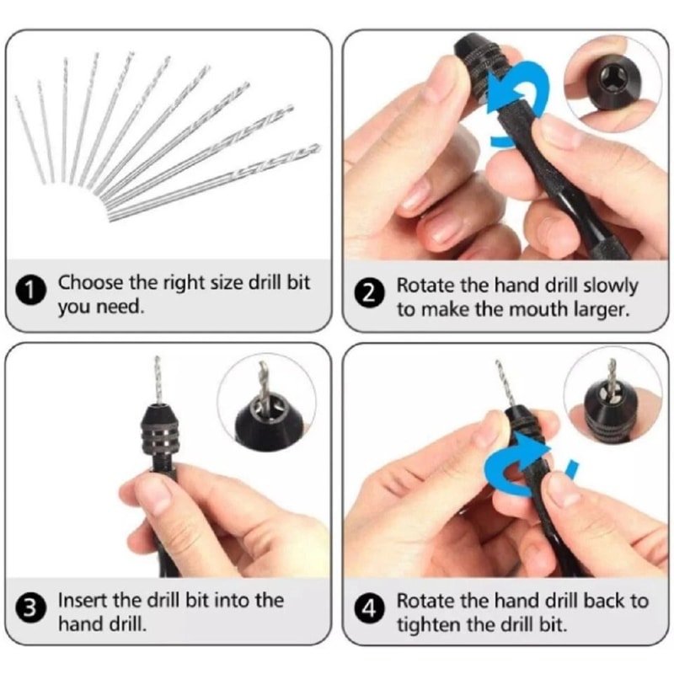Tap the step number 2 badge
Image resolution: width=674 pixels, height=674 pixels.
click(x=371, y=297)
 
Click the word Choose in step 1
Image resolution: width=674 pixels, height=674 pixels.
click(x=88, y=283)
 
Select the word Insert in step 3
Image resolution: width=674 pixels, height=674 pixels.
click(x=82, y=601)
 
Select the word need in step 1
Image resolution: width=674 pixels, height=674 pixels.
click(x=116, y=308)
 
